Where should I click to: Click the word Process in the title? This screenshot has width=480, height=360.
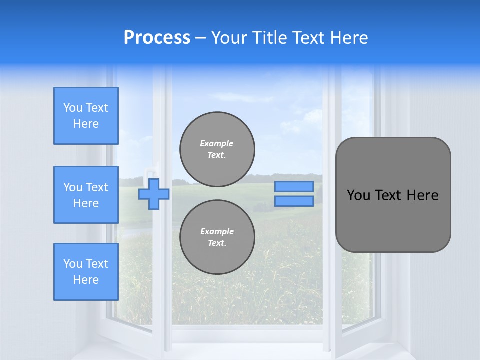[157, 38]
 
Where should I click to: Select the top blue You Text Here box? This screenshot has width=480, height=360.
[86, 116]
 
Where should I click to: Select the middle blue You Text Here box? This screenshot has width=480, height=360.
[86, 195]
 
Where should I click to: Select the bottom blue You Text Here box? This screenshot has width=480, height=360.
[86, 272]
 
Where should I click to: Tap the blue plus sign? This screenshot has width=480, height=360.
[154, 194]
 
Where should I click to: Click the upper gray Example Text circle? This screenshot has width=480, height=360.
[217, 149]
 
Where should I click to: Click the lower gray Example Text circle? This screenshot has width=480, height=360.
[217, 237]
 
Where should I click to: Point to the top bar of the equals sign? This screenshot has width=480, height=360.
[294, 187]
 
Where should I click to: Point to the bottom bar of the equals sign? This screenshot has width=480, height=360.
[294, 201]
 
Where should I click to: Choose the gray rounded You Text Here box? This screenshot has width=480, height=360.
[393, 195]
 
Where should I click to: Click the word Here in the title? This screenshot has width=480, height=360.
[349, 38]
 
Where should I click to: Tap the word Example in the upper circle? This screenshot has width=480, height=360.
[217, 143]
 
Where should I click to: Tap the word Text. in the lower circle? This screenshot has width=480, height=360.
[217, 243]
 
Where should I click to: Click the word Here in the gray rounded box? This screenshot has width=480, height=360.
[422, 195]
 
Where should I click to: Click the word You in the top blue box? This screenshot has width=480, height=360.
[72, 108]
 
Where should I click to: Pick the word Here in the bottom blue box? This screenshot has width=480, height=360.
[86, 280]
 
